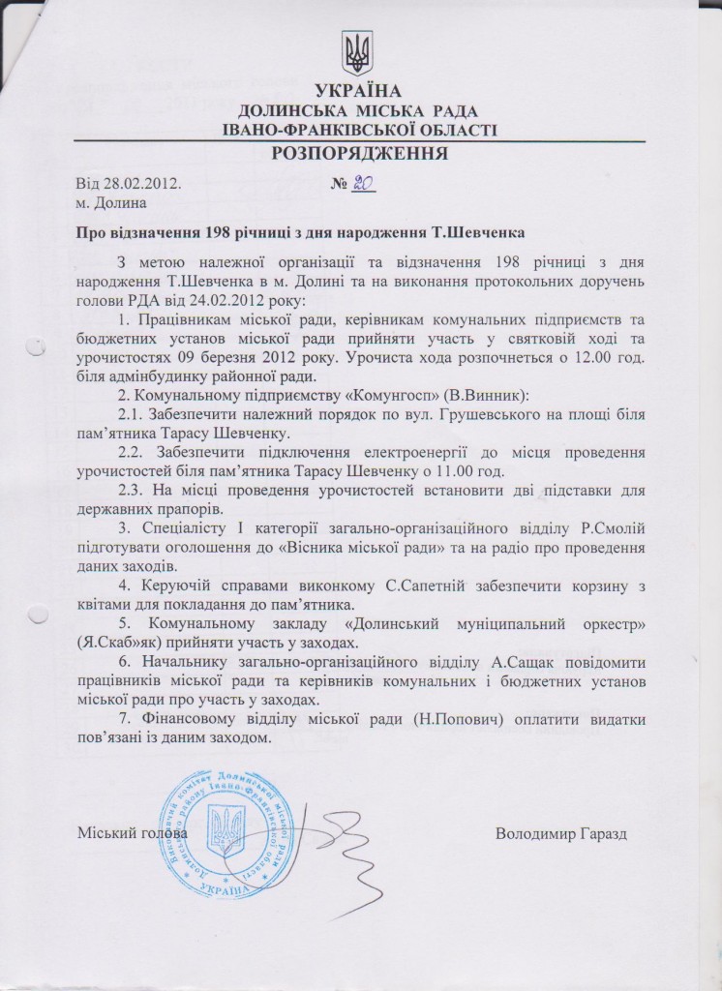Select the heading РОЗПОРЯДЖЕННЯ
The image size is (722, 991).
pos(359,154)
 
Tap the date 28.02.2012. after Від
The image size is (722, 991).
pos(141,183)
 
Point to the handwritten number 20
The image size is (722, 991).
pos(363,183)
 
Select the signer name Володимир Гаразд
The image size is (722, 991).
pos(561,833)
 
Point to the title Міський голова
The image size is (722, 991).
pos(132,833)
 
